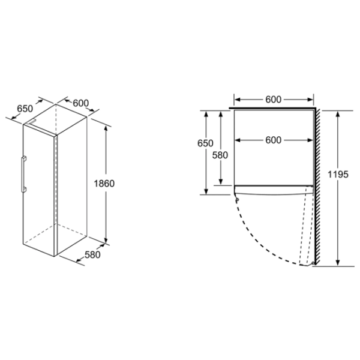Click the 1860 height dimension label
[x=104, y=184]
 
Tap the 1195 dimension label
[x=338, y=174]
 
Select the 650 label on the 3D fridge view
[x=25, y=109]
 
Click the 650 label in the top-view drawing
[x=205, y=143]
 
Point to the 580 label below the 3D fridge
[x=92, y=254]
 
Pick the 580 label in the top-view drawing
[x=220, y=155]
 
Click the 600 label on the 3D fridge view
[x=81, y=103]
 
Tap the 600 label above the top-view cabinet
[x=273, y=100]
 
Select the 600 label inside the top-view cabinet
[x=273, y=140]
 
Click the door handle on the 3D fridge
[x=23, y=174]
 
